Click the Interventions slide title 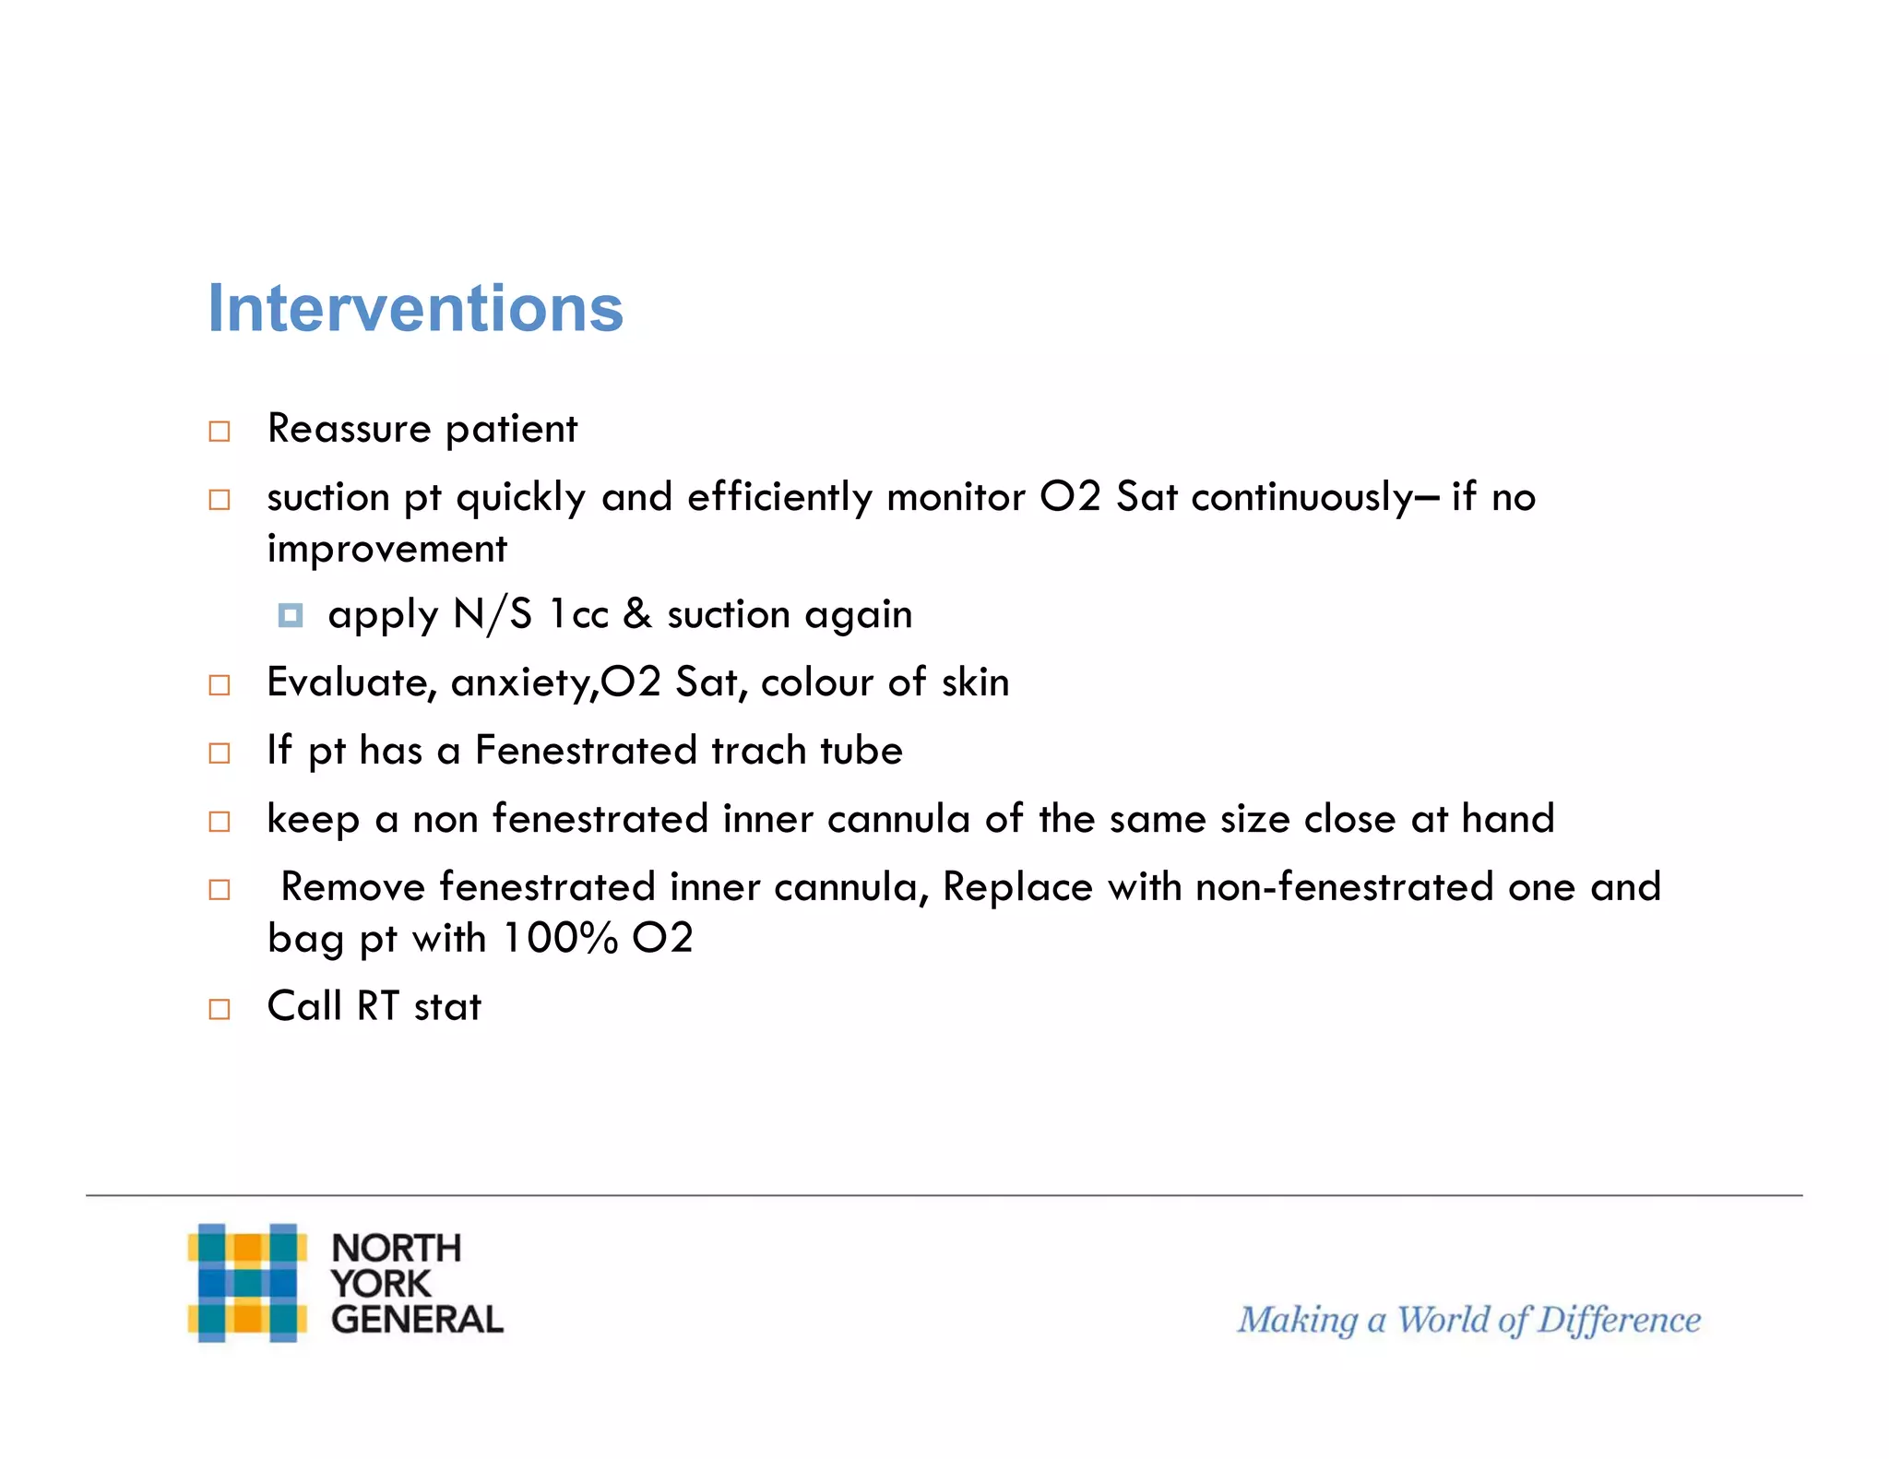(415, 308)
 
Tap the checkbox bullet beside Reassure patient (220, 432)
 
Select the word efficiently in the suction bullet (779, 499)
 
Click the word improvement (386, 550)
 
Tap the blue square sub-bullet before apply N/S (291, 615)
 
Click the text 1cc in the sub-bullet (578, 615)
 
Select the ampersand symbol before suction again (637, 614)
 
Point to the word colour (816, 683)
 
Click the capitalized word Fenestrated (584, 751)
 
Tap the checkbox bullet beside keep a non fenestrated (220, 822)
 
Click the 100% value (560, 939)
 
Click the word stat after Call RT (447, 1007)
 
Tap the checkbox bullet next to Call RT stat (220, 1009)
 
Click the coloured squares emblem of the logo (247, 1283)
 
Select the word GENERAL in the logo (417, 1320)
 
